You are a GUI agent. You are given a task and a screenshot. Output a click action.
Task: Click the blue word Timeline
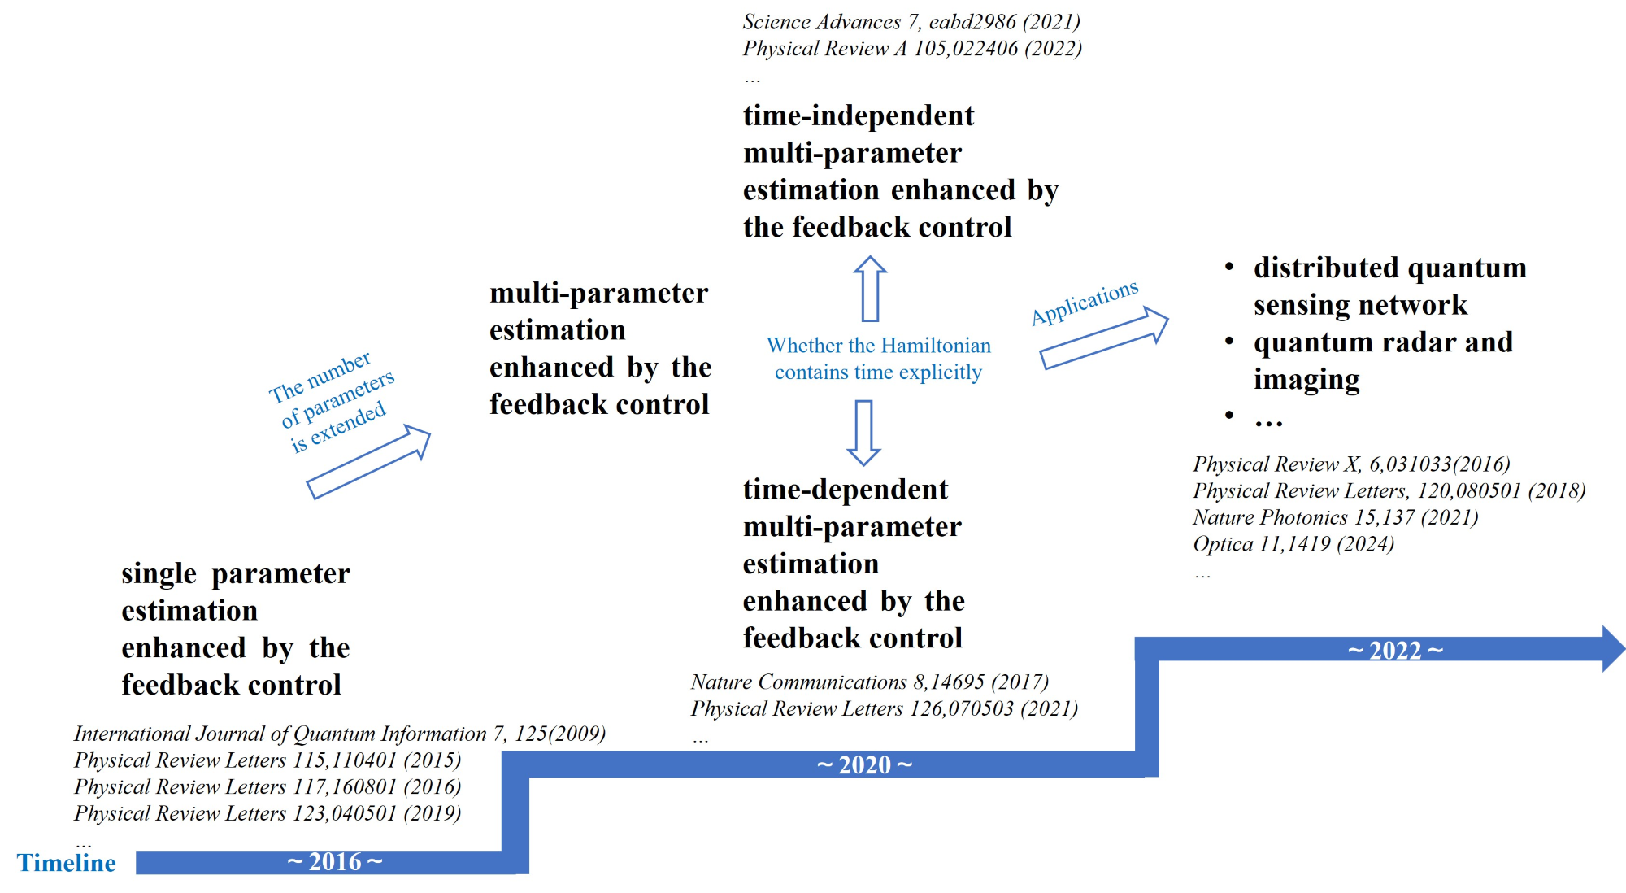pyautogui.click(x=67, y=862)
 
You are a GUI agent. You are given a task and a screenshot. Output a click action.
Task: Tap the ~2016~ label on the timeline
pyautogui.click(x=334, y=861)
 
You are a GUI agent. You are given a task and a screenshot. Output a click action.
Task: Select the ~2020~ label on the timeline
pyautogui.click(x=864, y=764)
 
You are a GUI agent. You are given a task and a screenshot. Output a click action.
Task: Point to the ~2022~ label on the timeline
pyautogui.click(x=1395, y=650)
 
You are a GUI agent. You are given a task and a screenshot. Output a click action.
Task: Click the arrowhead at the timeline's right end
pyautogui.click(x=1612, y=648)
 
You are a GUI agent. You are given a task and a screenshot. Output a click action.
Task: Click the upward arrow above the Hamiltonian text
pyautogui.click(x=870, y=289)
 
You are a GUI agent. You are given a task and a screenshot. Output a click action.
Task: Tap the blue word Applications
pyautogui.click(x=1085, y=302)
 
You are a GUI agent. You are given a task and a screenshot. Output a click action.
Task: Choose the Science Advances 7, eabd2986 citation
pyautogui.click(x=911, y=22)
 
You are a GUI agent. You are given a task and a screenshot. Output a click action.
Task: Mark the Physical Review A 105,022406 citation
pyautogui.click(x=911, y=49)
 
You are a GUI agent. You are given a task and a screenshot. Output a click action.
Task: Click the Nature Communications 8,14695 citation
pyautogui.click(x=869, y=682)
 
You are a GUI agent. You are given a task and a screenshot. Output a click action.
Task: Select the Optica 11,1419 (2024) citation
pyautogui.click(x=1293, y=543)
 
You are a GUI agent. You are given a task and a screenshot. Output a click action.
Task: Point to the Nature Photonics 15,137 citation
pyautogui.click(x=1335, y=517)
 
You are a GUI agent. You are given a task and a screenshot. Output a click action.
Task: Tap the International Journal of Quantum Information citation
pyautogui.click(x=339, y=734)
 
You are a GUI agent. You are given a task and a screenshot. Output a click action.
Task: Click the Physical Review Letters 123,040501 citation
pyautogui.click(x=267, y=813)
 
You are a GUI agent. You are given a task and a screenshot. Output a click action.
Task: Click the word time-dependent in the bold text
pyautogui.click(x=845, y=490)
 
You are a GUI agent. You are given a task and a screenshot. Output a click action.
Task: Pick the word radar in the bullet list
pyautogui.click(x=1413, y=342)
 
